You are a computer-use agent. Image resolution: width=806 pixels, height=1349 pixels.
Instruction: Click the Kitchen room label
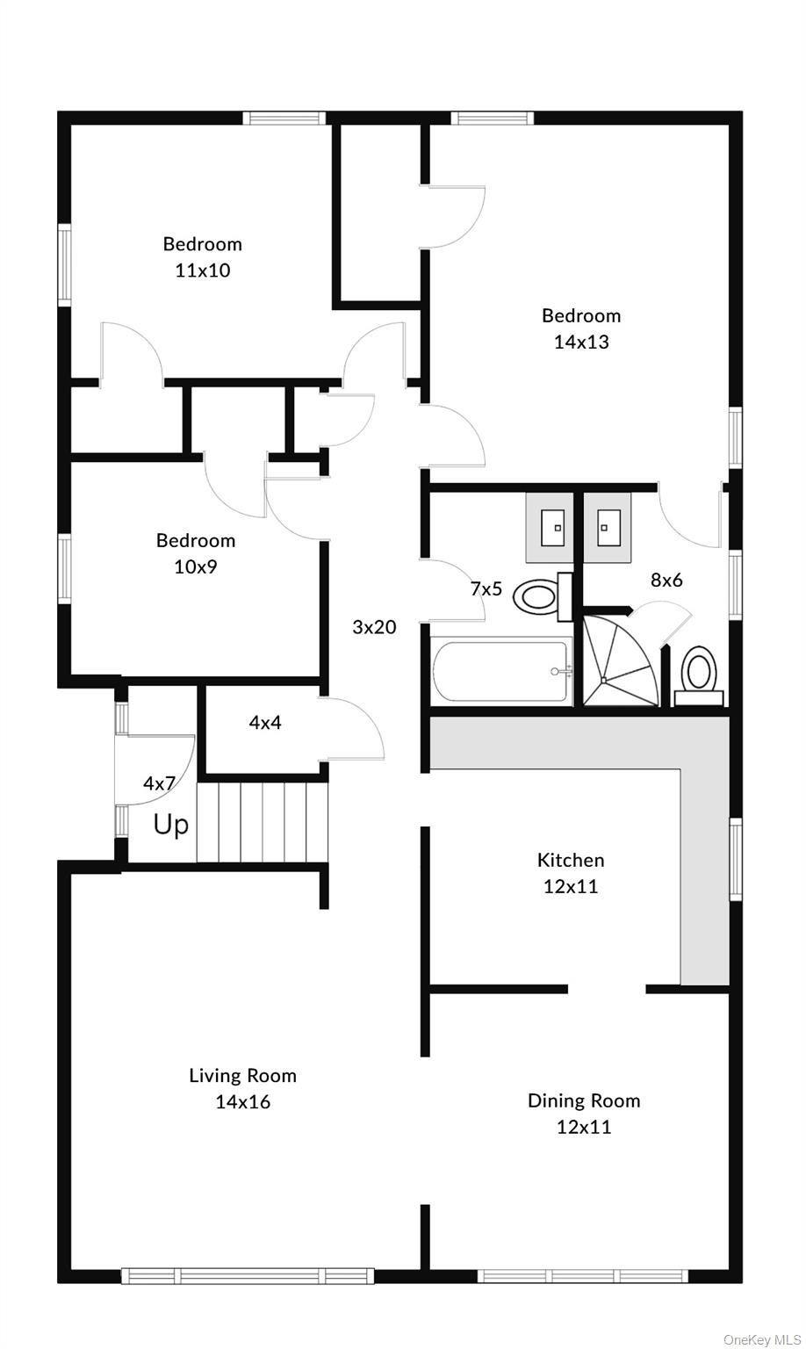coord(571,860)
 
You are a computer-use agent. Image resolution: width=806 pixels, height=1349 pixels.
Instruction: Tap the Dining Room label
coord(584,1100)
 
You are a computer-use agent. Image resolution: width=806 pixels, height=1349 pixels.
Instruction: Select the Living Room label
coord(242,1075)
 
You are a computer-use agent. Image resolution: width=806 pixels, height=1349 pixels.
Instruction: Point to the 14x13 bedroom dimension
coord(581,343)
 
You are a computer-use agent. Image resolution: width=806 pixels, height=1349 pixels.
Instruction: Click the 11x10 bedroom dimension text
coord(203,271)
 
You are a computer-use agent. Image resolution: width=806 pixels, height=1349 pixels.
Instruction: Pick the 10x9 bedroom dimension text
coord(196,566)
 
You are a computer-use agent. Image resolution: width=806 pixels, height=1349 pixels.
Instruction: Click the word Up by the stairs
coord(171,826)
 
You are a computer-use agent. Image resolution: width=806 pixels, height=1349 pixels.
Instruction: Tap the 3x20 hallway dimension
coord(374,627)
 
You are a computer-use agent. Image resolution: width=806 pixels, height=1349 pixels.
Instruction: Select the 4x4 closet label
coord(265,723)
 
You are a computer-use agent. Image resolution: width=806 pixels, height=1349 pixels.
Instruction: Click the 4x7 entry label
coord(159,783)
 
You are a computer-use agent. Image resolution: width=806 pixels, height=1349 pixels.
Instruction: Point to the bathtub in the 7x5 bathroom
coord(500,672)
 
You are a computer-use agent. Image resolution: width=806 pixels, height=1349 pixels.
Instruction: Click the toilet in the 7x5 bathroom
coord(537,597)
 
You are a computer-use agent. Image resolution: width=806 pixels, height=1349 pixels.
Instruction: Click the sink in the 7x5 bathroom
coord(550,528)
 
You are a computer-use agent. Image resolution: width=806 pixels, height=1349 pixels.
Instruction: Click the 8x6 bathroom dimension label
coord(666,580)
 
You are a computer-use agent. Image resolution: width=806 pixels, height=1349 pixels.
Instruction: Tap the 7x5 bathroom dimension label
coord(486,589)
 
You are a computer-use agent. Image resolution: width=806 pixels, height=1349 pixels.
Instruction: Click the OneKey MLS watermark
coord(762,1339)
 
